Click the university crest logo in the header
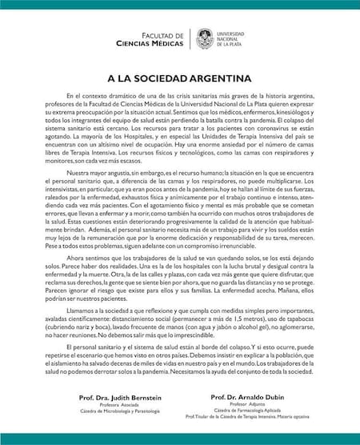pyautogui.click(x=205, y=38)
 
